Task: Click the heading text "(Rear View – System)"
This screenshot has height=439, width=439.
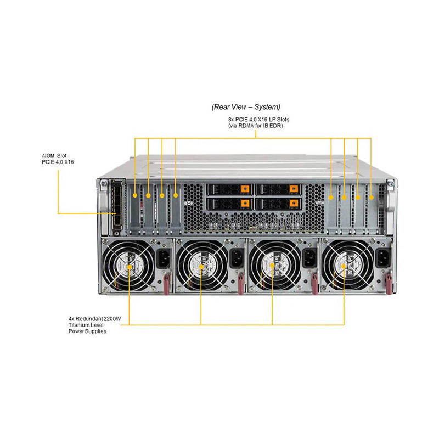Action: pyautogui.click(x=246, y=106)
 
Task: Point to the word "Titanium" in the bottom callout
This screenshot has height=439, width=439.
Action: pyautogui.click(x=72, y=325)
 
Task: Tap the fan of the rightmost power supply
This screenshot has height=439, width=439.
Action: pyautogui.click(x=344, y=267)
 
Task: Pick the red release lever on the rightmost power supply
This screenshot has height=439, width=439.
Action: pyautogui.click(x=387, y=283)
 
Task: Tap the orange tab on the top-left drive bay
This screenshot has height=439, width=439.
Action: pyautogui.click(x=245, y=190)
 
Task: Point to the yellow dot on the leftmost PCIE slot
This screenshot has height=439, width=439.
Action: pyautogui.click(x=135, y=194)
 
